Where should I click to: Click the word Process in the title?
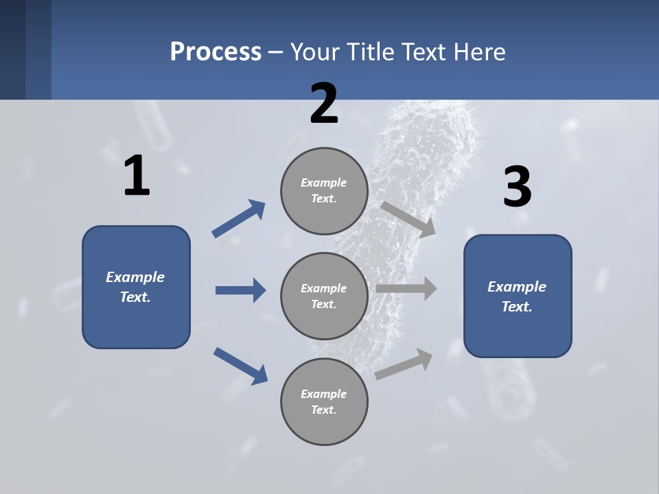pyautogui.click(x=216, y=51)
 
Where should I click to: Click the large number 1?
pyautogui.click(x=137, y=176)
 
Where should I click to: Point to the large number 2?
pyautogui.click(x=324, y=104)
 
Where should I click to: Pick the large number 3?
pyautogui.click(x=517, y=187)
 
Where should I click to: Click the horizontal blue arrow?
pyautogui.click(x=240, y=290)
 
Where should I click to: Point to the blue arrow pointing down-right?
pyautogui.click(x=240, y=365)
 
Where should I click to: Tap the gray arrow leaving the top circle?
pyautogui.click(x=408, y=219)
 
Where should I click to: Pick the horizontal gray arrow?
pyautogui.click(x=406, y=289)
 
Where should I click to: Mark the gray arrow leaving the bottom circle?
pyautogui.click(x=404, y=364)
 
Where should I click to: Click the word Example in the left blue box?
pyautogui.click(x=135, y=277)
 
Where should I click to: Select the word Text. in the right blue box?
pyautogui.click(x=517, y=307)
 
